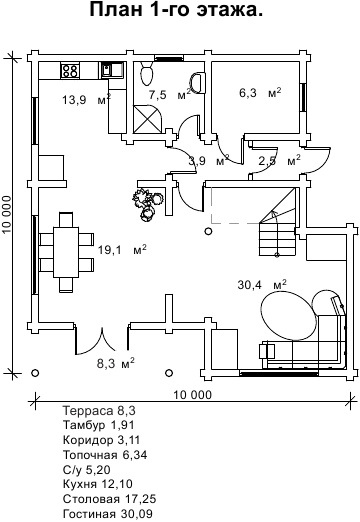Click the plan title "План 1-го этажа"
pos(176,10)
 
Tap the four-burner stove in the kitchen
pos(70,70)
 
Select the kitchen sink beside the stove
pos(112,70)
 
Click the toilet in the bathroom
pos(147,73)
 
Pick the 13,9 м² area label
pos(87,99)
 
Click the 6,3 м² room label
pos(260,92)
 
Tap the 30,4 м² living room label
pos(262,284)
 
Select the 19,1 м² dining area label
pos(122,249)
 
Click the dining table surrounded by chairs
pos(66,252)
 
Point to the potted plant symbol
pos(147,204)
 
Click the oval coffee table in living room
pos(289,315)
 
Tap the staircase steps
pos(277,239)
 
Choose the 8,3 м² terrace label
pos(116,363)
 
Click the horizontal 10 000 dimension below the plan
pos(192,395)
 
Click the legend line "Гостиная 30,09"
pos(108,514)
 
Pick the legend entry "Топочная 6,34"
pos(105,455)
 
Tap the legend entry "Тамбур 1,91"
pos(99,425)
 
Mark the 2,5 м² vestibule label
pos(279,161)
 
